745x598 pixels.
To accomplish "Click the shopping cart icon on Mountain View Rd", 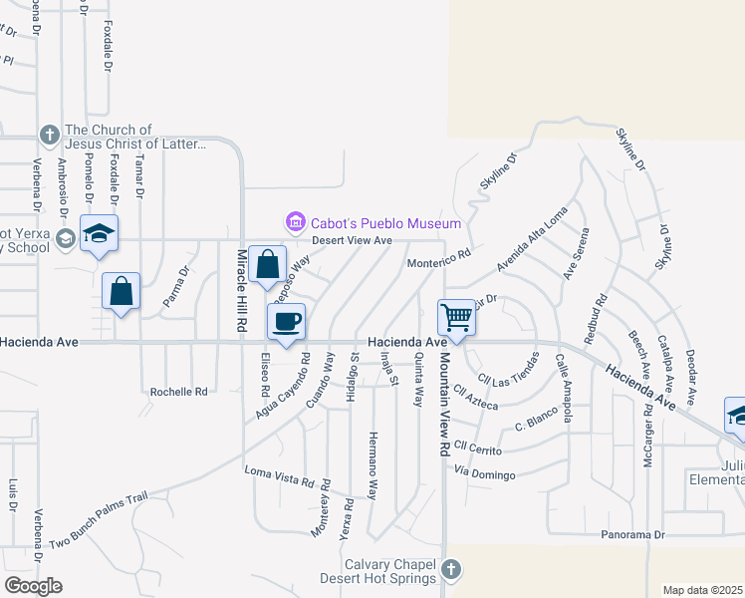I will click(456, 318).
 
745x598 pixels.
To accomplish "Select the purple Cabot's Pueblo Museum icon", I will click(294, 221).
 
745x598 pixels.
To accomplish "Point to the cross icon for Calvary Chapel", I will click(450, 570).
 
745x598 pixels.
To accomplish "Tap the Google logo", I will click(33, 586).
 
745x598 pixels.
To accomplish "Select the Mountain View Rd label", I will click(439, 405).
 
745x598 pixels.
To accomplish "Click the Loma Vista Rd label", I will click(280, 473).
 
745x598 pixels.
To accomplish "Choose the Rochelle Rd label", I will click(178, 392).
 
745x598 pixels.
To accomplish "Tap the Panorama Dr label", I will click(632, 535).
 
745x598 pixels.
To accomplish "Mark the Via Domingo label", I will click(487, 471).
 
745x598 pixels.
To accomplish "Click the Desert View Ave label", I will click(352, 240).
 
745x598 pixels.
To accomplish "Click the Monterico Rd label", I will click(438, 258).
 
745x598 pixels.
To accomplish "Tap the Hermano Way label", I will click(372, 465).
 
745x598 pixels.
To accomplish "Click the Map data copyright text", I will click(702, 590).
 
